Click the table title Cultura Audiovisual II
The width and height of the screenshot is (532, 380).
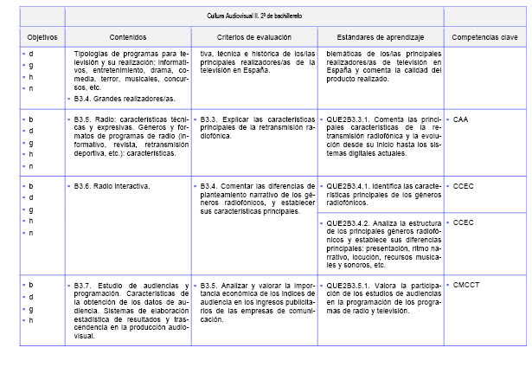[x=254, y=16]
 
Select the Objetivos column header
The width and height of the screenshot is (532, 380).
[x=42, y=38]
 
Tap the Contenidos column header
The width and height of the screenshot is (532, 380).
[x=128, y=38]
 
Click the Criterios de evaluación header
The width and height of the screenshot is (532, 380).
[x=254, y=38]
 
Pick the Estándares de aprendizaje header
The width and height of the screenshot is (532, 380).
[x=380, y=38]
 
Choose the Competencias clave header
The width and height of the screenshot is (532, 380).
[x=484, y=38]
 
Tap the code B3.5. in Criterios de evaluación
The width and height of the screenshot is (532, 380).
[x=209, y=285]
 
